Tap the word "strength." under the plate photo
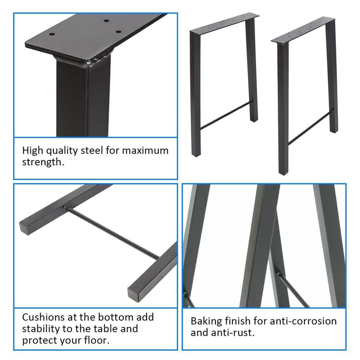click(43, 163)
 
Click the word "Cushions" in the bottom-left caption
click(43, 317)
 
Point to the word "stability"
click(43, 329)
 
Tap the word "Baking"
click(206, 321)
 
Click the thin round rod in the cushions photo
click(111, 232)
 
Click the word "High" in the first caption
click(33, 151)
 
